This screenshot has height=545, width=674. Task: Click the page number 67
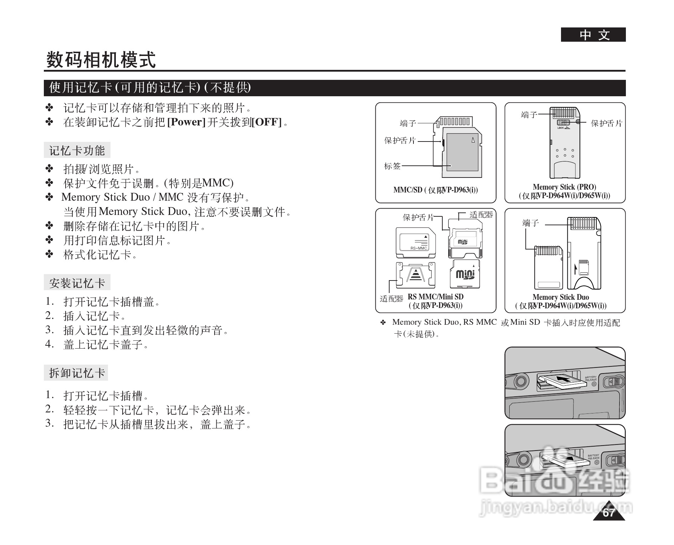(609, 513)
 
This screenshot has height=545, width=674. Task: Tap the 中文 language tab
(593, 35)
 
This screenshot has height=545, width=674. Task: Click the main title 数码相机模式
(101, 60)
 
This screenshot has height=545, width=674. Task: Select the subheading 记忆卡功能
(77, 150)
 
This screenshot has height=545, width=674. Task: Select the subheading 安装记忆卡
(77, 283)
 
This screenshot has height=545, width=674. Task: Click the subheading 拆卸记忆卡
(76, 373)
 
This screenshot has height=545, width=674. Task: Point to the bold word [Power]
(186, 122)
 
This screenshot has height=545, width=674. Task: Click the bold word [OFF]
(267, 122)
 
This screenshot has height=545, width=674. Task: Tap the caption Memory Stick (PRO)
(564, 187)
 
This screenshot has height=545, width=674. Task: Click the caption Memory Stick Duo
(561, 297)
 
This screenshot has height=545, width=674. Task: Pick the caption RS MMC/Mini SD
(436, 297)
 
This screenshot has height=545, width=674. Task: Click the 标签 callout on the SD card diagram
(392, 166)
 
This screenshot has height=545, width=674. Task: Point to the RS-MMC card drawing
(416, 242)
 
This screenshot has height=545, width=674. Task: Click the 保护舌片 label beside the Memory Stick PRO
(606, 123)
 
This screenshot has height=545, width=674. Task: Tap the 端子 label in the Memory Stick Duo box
(530, 223)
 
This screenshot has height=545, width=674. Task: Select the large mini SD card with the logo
(465, 274)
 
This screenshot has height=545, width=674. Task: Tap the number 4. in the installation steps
(50, 344)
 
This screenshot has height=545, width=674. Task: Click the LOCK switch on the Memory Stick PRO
(564, 123)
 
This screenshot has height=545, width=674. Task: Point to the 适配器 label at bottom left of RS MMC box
(391, 299)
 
